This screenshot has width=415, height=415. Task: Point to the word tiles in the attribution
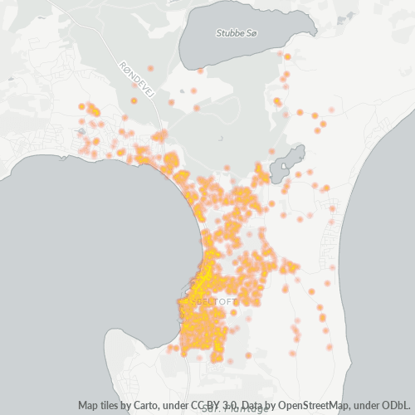[116, 406]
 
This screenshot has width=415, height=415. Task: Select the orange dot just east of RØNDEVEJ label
[150, 69]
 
